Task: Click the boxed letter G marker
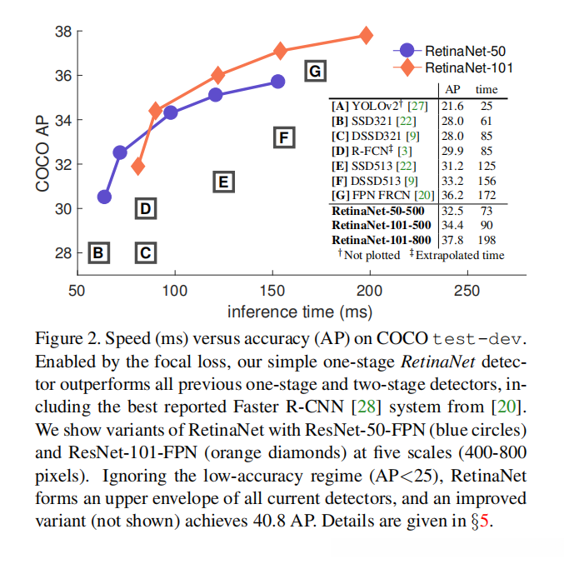pyautogui.click(x=314, y=72)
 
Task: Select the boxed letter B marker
pyautogui.click(x=98, y=252)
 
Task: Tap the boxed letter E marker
pyautogui.click(x=222, y=182)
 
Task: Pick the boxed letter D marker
pyautogui.click(x=145, y=208)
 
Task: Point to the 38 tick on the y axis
pyautogui.click(x=62, y=32)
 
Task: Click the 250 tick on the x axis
pyautogui.click(x=467, y=291)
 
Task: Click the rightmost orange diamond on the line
pyautogui.click(x=366, y=35)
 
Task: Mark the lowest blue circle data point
pyautogui.click(x=104, y=197)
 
